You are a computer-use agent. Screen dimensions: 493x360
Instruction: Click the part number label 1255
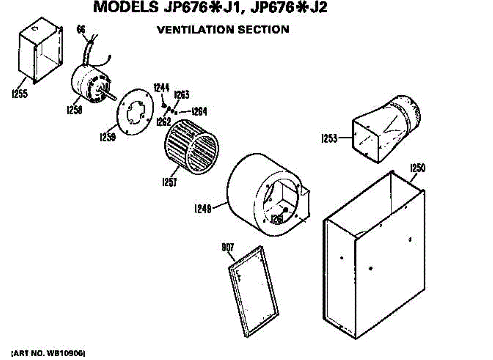(x=19, y=94)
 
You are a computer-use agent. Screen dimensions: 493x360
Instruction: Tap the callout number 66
(x=81, y=29)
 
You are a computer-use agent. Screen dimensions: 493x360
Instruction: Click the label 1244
(x=161, y=87)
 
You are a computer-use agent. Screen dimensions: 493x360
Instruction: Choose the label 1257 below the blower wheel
(x=168, y=181)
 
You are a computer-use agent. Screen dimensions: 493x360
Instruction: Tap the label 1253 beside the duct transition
(x=329, y=138)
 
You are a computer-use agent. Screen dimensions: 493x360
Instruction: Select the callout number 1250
(x=417, y=168)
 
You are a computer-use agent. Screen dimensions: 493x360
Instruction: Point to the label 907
(x=228, y=247)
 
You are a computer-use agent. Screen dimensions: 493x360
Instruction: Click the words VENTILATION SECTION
(x=223, y=30)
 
